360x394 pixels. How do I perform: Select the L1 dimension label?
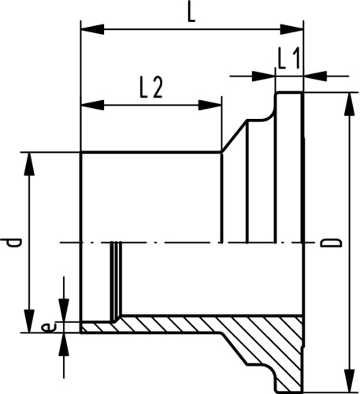pos(288,59)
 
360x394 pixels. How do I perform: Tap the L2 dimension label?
pos(151,87)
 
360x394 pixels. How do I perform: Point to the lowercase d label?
pos(11,243)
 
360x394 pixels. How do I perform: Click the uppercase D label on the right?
pos(332,243)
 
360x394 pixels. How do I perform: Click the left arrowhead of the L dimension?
pos(93,29)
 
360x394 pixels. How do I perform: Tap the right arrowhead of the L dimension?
pos(291,29)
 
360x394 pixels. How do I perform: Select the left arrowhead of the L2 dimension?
pos(93,105)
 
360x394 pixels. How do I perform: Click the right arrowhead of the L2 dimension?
pos(210,105)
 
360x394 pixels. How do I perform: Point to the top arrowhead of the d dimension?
pos(29,164)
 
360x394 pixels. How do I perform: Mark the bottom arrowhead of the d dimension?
pos(29,322)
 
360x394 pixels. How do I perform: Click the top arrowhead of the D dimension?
pos(349,104)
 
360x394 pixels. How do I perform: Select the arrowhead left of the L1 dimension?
pos(263,76)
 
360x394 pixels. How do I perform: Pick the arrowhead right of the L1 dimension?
pos(315,76)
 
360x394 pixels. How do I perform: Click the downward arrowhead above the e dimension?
pos(64,310)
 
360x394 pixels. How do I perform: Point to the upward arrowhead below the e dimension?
pos(64,344)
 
